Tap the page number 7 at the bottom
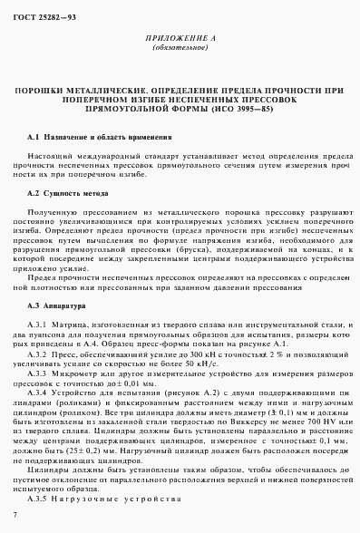tap(15, 515)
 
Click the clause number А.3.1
tap(39, 325)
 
